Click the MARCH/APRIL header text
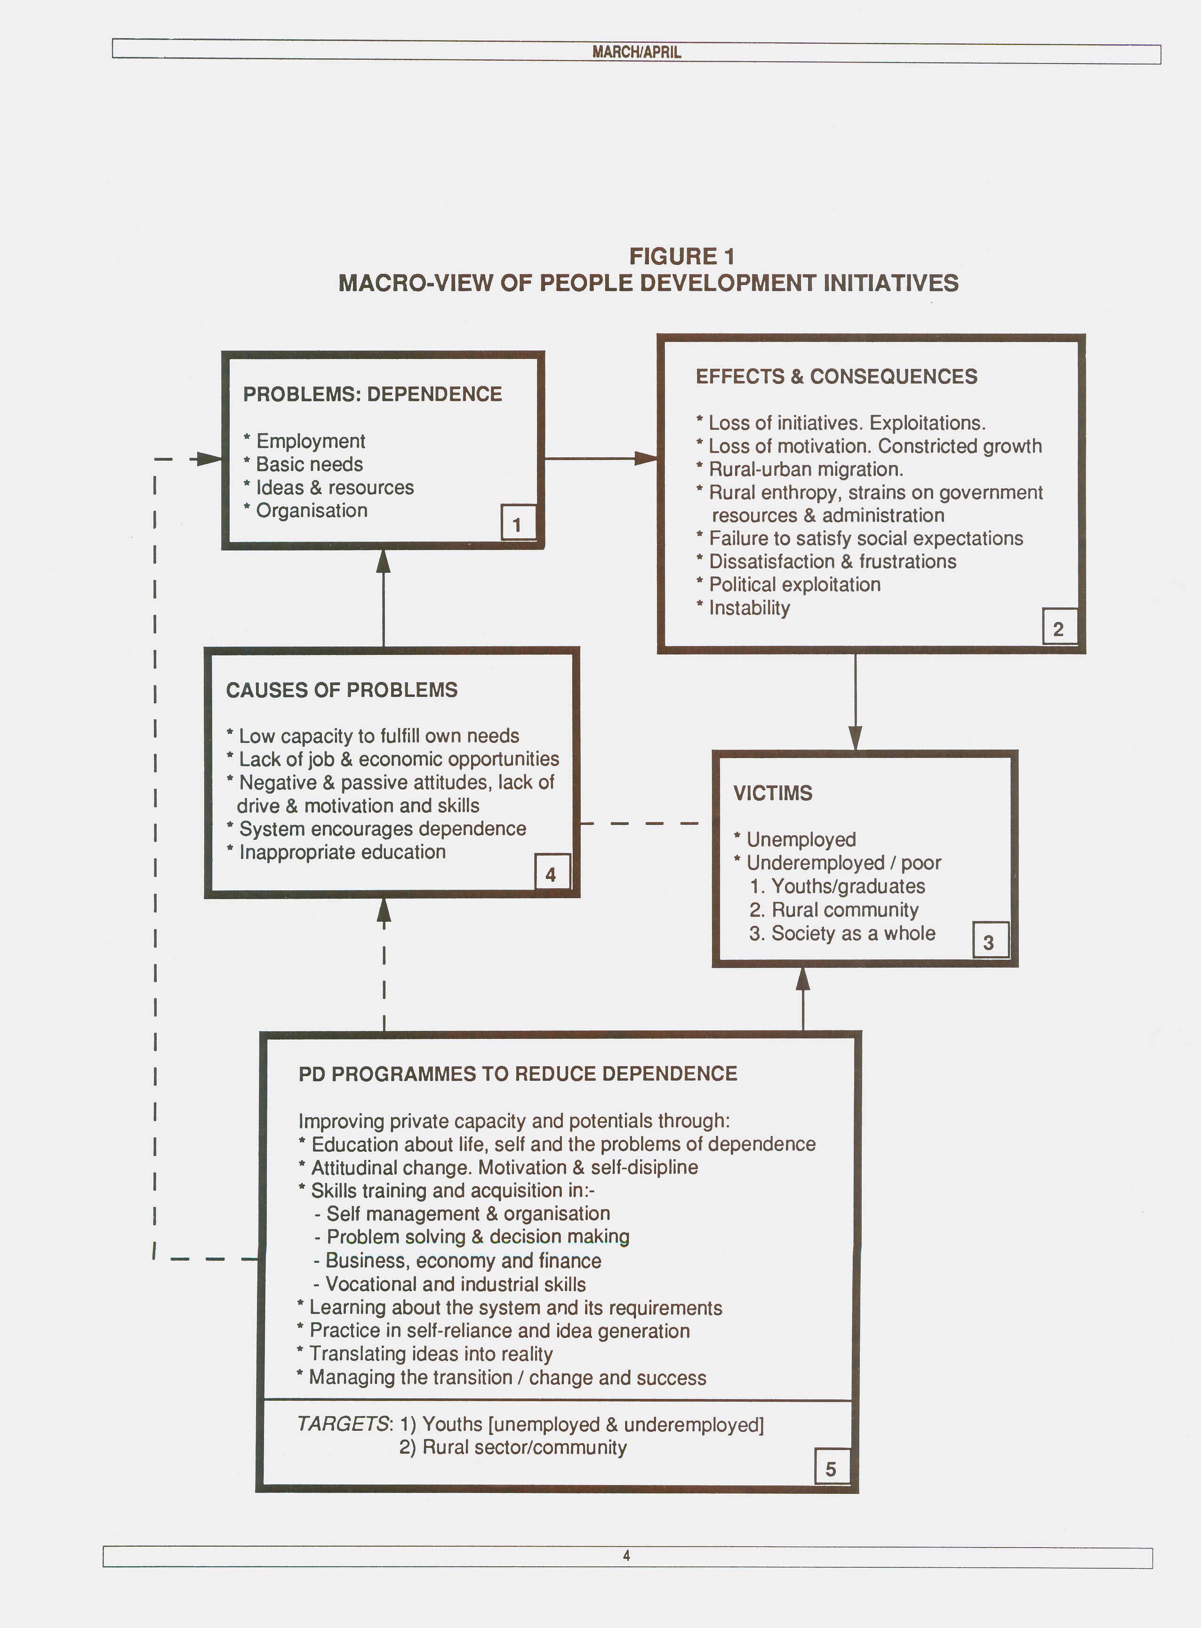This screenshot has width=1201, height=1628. click(x=636, y=52)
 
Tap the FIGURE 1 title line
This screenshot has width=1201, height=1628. click(x=682, y=256)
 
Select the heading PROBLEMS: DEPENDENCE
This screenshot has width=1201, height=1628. click(x=372, y=394)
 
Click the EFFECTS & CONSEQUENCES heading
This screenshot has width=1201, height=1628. click(x=836, y=376)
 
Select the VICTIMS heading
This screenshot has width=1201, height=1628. click(x=773, y=793)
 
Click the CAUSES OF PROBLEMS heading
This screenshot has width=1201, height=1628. click(x=342, y=690)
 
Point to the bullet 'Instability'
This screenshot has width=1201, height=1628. click(x=743, y=607)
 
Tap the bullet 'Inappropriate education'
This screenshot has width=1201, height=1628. click(x=336, y=852)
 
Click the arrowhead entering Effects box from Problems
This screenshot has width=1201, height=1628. click(x=646, y=459)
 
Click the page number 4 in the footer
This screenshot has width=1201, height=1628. click(x=627, y=1556)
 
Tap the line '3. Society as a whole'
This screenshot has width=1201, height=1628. click(x=842, y=933)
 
